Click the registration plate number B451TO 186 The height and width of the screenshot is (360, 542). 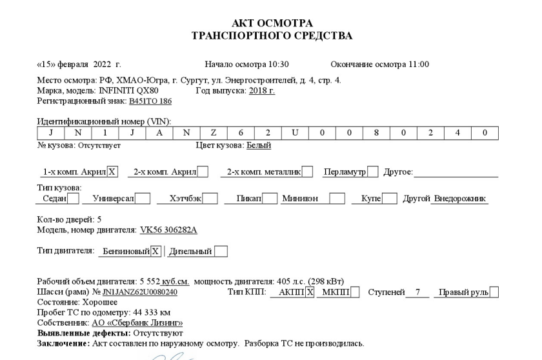click(x=150, y=101)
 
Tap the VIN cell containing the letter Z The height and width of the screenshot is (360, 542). click(x=213, y=132)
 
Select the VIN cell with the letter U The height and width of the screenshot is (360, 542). click(x=294, y=132)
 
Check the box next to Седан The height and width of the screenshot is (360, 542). click(x=74, y=199)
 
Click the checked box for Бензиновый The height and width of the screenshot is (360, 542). click(x=156, y=251)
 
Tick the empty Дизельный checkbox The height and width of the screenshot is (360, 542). click(x=221, y=251)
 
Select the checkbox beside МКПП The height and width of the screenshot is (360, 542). click(x=354, y=292)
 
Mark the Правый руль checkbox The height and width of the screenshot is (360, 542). click(x=494, y=292)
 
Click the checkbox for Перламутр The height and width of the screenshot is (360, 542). click(x=372, y=172)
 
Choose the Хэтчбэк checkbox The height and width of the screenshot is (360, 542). click(x=210, y=199)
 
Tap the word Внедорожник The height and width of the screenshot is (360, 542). click(x=459, y=199)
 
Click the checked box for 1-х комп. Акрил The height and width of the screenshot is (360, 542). click(x=112, y=172)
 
